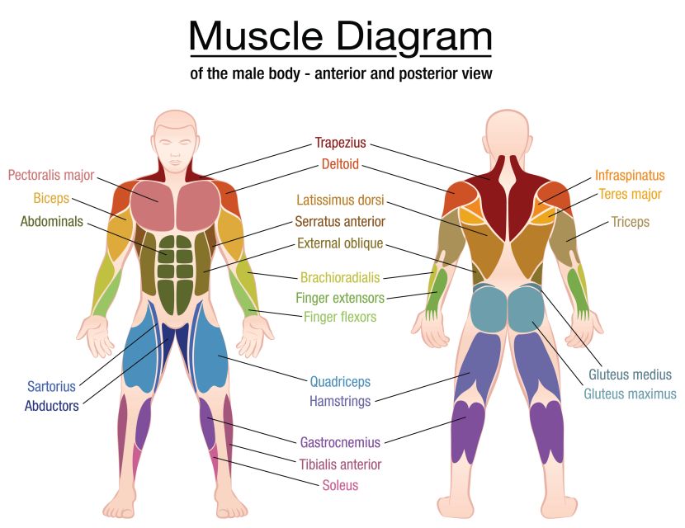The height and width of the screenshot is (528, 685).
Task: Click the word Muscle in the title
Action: coord(256,35)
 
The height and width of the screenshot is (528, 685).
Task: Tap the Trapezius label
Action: coord(340,143)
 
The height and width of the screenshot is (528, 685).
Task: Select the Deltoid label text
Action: coord(340,164)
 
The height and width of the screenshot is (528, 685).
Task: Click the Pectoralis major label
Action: coord(51,176)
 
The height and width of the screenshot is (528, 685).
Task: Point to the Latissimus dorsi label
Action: coord(340,200)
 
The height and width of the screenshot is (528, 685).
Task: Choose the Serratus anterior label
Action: coord(340,221)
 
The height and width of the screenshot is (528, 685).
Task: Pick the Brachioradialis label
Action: coord(340,277)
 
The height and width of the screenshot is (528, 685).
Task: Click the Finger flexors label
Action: coord(340,317)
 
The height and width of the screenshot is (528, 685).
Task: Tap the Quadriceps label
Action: coord(340,382)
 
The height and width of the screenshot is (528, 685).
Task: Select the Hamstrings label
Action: coord(340,401)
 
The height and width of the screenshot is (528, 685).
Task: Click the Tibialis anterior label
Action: coord(340,464)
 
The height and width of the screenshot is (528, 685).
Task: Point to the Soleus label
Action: coord(340,485)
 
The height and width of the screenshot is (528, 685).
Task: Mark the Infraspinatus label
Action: coord(630,176)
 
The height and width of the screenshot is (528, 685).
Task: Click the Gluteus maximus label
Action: coord(630,394)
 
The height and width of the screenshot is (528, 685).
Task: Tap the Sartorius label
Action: coord(51,386)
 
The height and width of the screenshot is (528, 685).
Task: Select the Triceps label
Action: coord(630,222)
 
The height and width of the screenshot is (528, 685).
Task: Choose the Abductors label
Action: coord(51,406)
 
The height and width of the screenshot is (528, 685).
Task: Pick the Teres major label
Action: coord(630,194)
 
